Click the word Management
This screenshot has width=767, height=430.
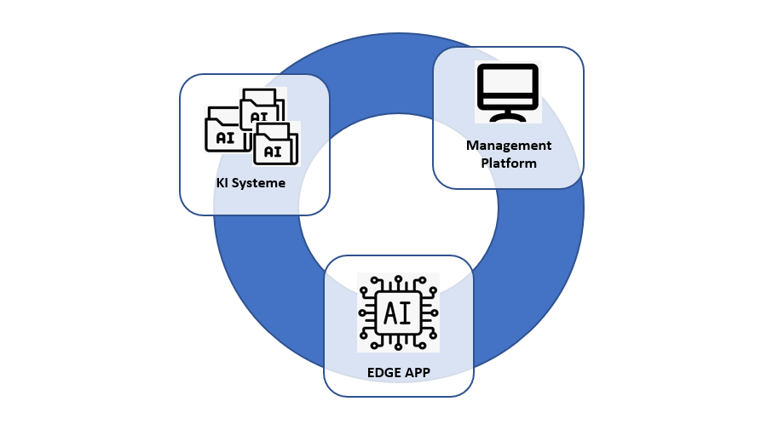pos(509,146)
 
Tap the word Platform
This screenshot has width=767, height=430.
pos(509,163)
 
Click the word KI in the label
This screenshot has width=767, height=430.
pos(223,183)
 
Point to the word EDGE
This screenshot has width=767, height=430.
pos(385,372)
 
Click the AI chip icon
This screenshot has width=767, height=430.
pos(398,312)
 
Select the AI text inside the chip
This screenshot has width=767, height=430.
pos(398,313)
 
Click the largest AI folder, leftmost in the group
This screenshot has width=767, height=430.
pos(224,132)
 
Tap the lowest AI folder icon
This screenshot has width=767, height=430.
pos(274,146)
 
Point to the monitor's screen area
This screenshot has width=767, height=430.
pos(508,83)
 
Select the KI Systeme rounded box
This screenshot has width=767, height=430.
pos(254,144)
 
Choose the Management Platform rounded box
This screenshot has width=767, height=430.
pos(508,118)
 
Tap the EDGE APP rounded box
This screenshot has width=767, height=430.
pos(398,325)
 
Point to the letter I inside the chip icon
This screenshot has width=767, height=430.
pos(407,313)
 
